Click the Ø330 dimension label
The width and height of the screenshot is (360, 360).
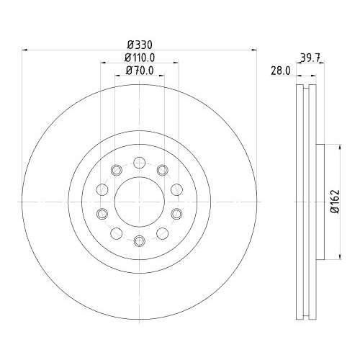coord(140,45)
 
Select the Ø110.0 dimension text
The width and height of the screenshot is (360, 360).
coord(140,58)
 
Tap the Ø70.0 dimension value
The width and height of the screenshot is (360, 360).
coord(140,71)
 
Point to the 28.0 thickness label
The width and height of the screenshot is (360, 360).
coord(281,71)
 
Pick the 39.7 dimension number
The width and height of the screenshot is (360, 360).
coord(310,58)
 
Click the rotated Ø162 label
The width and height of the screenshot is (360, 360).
coord(335,201)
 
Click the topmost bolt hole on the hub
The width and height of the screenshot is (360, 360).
coord(140,163)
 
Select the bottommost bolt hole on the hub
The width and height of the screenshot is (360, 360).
coord(140,240)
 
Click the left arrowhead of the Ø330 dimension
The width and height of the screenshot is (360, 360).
coord(24,50)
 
